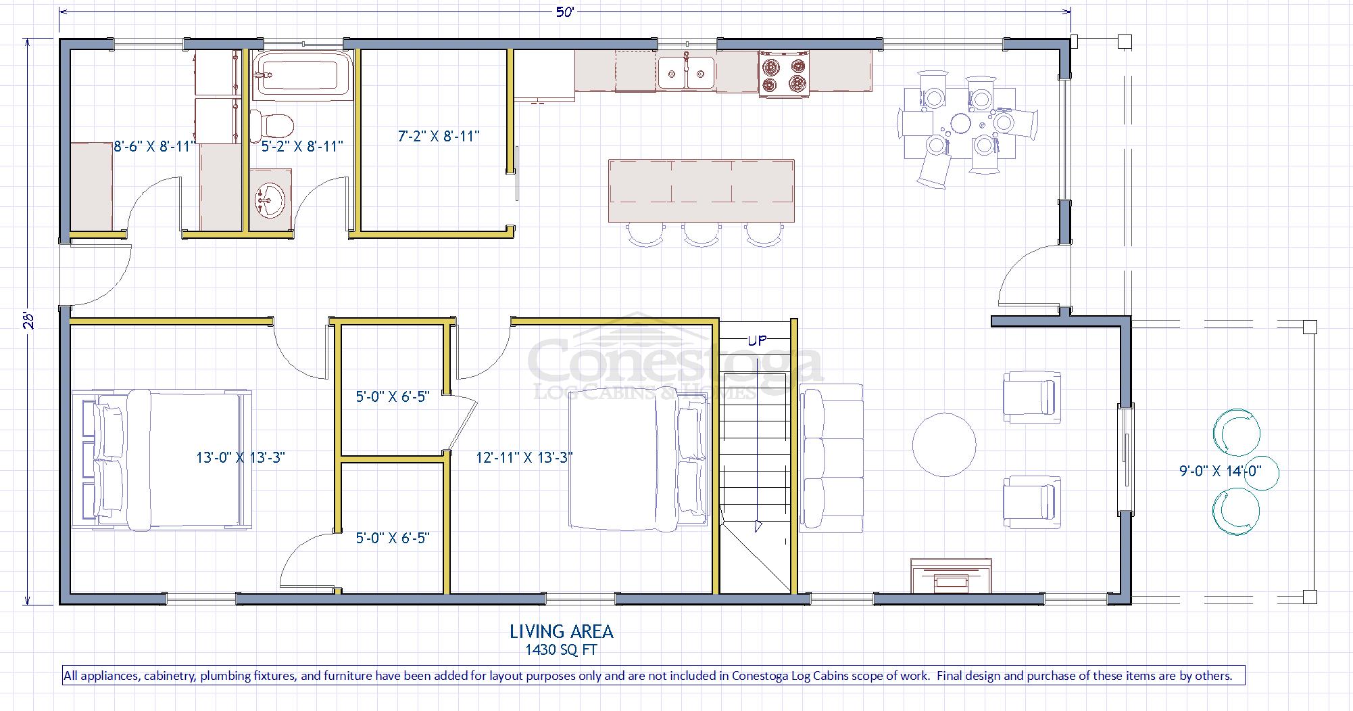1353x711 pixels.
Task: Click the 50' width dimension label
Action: click(565, 13)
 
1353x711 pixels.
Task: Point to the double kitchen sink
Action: click(686, 72)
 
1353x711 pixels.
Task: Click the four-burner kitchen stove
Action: click(784, 74)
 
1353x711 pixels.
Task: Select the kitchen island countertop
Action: click(701, 190)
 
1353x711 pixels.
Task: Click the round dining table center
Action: click(960, 123)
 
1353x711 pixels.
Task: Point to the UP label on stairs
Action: click(756, 340)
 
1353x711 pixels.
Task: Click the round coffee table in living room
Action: click(944, 445)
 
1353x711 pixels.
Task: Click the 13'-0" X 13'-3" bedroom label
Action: click(241, 457)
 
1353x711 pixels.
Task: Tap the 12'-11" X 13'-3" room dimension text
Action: click(524, 457)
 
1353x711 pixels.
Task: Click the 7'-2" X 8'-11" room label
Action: click(439, 136)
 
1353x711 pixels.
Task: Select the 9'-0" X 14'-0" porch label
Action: click(1221, 471)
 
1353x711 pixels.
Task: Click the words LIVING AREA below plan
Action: click(561, 632)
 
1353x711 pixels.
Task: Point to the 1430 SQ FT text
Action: click(561, 650)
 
